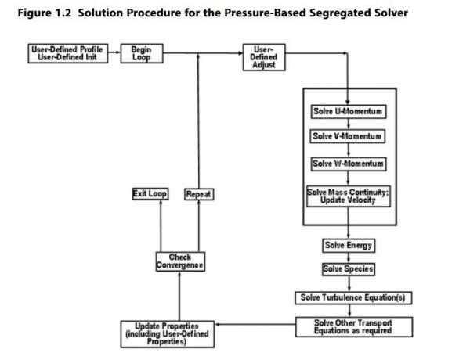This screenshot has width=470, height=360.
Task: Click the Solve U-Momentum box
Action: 348,112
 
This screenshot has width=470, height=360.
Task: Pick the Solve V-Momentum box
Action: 348,137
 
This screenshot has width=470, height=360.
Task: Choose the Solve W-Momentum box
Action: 348,164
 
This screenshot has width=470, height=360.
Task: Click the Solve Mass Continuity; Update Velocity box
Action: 348,195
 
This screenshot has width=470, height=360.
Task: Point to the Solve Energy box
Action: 349,246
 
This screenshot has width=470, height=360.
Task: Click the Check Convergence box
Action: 180,262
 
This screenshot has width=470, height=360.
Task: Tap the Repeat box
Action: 199,193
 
